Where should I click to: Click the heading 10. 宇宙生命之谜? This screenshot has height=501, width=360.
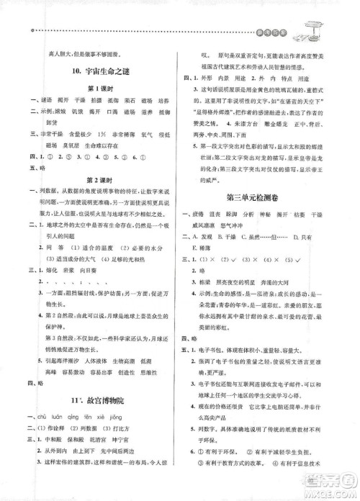click(102, 70)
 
